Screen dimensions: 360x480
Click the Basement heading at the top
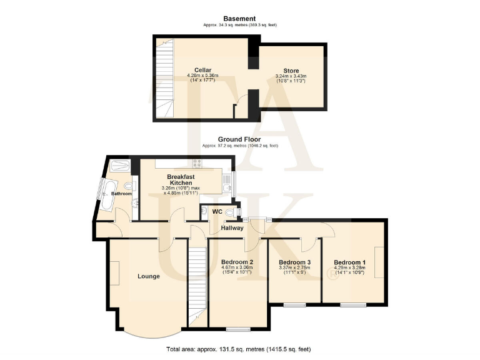point(240,19)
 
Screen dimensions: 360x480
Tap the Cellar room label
point(202,70)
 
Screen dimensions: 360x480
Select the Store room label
point(291,71)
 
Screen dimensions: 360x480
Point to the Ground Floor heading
point(239,139)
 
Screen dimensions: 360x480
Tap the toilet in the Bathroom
point(129,186)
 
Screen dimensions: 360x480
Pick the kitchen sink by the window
point(226,181)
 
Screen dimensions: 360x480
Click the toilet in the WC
point(230,212)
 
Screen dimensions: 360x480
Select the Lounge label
point(149,276)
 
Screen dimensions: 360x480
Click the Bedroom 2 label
point(237,262)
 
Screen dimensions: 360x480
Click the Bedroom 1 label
point(349,262)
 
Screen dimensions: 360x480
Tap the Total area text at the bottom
point(239,348)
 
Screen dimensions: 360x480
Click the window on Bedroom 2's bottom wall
point(237,329)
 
